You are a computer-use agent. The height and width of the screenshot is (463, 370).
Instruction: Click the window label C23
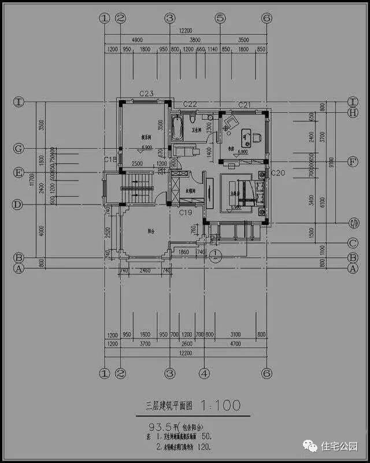point(146,93)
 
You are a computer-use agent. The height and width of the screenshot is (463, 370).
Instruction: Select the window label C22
point(190,104)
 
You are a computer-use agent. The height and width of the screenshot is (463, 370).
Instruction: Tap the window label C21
point(244,104)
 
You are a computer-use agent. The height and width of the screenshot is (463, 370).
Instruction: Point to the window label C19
point(185,213)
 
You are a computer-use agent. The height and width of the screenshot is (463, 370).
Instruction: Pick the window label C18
point(110,159)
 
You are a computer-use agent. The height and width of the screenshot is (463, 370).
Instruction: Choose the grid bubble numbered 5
point(220,18)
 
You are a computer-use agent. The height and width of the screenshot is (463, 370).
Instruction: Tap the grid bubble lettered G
point(18,149)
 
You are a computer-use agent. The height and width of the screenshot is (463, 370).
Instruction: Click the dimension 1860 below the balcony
point(183,253)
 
